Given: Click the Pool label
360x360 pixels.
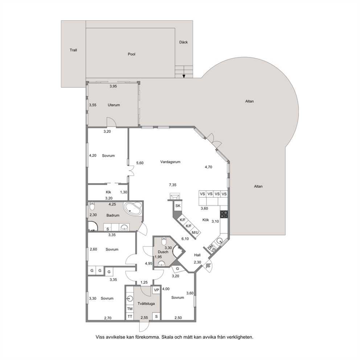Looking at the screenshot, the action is [x=132, y=54].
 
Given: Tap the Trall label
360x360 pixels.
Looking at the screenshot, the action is [x=73, y=50].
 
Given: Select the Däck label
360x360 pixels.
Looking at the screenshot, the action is [x=183, y=42].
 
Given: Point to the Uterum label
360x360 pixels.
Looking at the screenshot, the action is [x=114, y=105].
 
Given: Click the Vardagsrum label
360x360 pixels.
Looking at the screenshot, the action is [x=170, y=162].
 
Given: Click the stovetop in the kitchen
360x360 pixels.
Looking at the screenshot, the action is [x=224, y=214].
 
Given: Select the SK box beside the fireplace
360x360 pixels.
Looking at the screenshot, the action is [x=178, y=206].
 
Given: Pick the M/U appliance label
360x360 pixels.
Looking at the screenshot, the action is [x=195, y=233].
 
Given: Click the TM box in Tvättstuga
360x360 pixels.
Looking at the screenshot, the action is [x=130, y=309].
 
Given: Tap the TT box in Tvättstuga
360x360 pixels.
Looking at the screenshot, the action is [x=130, y=316].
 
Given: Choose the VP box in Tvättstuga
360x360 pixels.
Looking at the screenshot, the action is [x=156, y=290].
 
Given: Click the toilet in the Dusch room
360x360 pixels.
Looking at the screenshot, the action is [x=164, y=241].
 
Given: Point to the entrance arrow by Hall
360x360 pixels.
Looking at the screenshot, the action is [x=208, y=266].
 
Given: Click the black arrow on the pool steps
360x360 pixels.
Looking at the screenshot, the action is [x=184, y=76].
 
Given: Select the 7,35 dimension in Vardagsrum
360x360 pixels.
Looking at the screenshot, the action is [x=173, y=185].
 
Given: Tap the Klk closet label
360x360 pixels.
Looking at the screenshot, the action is [x=109, y=192].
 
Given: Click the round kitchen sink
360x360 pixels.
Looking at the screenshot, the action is [x=220, y=241].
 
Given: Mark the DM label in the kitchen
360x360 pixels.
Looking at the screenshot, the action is [x=210, y=247].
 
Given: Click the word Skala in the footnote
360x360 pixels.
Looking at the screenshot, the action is [x=167, y=337].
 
